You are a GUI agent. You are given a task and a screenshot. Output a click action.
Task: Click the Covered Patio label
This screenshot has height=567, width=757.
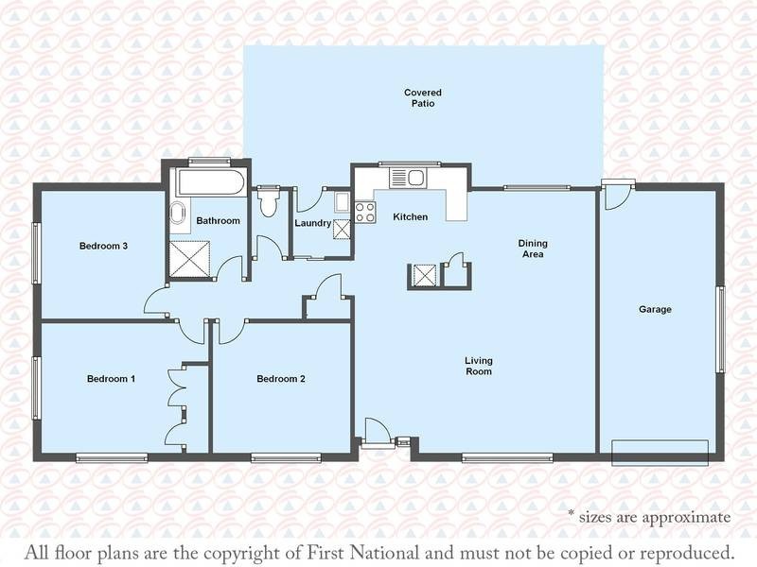click(x=423, y=98)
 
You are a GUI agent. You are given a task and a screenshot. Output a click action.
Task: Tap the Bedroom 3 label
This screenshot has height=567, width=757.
click(x=103, y=246)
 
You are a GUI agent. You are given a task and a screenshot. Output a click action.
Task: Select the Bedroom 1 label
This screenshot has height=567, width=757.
click(x=111, y=379)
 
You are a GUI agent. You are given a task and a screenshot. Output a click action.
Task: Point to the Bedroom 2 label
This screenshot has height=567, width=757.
click(x=281, y=379)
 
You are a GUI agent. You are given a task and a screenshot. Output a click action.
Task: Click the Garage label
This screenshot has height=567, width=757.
click(x=655, y=310)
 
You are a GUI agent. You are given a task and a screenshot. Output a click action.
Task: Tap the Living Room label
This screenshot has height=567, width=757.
click(x=479, y=366)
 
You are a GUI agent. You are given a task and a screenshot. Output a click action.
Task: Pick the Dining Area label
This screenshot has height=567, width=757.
click(x=533, y=249)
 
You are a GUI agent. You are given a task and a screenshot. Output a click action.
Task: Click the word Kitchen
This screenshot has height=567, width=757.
click(x=411, y=217)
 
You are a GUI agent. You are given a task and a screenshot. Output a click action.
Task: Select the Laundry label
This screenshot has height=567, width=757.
click(x=313, y=223)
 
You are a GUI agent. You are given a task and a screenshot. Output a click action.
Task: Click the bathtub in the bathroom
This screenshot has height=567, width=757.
click(x=212, y=182)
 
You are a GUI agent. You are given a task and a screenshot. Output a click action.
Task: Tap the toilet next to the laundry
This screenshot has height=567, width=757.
click(x=268, y=201)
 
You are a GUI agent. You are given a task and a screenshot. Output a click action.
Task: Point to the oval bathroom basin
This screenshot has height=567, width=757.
click(x=177, y=214)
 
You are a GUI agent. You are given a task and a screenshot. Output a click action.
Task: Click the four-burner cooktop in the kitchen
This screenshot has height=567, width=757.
click(x=365, y=212)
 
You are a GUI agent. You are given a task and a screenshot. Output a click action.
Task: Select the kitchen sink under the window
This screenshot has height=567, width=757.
click(x=409, y=178)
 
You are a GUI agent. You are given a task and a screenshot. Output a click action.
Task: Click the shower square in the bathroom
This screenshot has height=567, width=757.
click(x=189, y=259)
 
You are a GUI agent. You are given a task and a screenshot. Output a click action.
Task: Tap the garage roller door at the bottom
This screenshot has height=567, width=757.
click(x=660, y=453)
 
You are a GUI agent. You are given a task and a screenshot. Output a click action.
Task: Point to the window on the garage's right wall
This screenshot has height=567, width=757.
click(x=720, y=329)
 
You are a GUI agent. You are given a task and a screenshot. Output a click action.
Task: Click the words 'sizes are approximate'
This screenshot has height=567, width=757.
click(x=655, y=517)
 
